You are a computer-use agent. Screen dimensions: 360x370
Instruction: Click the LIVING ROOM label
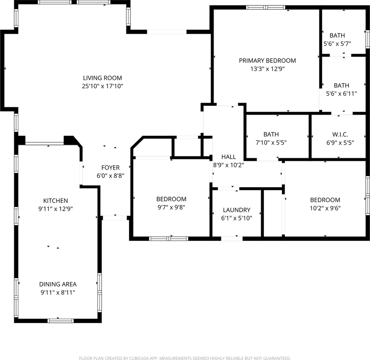coord(102,78)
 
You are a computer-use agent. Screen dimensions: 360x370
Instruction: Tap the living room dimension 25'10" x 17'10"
coord(102,86)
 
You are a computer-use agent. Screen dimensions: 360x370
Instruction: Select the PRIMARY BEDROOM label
coord(267,60)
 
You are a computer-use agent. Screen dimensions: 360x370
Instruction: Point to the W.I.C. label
coord(340,134)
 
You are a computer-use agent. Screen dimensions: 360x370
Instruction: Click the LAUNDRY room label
coord(236,210)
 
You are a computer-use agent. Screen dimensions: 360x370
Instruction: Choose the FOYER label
coord(110,167)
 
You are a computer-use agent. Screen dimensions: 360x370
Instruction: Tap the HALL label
coord(229,157)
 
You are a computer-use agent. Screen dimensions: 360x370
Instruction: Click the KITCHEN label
coord(55,201)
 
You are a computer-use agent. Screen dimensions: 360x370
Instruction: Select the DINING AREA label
coord(58,284)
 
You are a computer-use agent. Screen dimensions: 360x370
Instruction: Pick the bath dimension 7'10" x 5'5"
coord(271,142)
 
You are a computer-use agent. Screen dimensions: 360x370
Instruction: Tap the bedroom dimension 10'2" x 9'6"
coord(325,208)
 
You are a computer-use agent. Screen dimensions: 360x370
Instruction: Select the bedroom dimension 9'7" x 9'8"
coord(171,207)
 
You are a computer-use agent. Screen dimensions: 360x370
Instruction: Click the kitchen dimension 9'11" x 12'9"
coord(55,209)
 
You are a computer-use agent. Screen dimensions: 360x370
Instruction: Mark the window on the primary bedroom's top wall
coord(265,7)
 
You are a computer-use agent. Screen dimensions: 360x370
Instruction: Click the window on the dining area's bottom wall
coord(60,321)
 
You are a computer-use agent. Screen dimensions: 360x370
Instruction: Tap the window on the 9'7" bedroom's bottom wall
coord(169,238)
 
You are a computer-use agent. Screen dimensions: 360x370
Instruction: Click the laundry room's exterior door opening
coord(232,238)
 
